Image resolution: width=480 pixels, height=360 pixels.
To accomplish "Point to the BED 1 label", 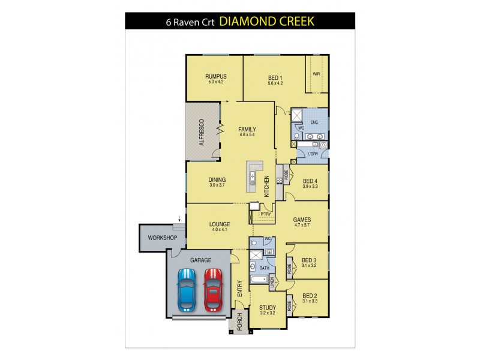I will [x=275, y=76].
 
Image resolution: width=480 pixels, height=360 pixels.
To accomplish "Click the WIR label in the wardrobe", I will [x=316, y=74].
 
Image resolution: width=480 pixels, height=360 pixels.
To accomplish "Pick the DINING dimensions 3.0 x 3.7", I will [x=216, y=185].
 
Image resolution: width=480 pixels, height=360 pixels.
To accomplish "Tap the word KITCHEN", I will [x=266, y=186].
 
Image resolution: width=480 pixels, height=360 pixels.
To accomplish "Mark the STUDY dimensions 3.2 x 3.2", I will [x=268, y=313].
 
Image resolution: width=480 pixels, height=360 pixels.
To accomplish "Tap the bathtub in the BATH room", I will [x=258, y=280].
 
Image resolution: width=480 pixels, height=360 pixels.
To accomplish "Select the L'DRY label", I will [x=313, y=154].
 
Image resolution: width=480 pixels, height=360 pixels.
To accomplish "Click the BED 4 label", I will [x=310, y=181].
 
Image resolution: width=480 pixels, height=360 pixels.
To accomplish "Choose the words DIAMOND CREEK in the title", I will [x=266, y=22].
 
